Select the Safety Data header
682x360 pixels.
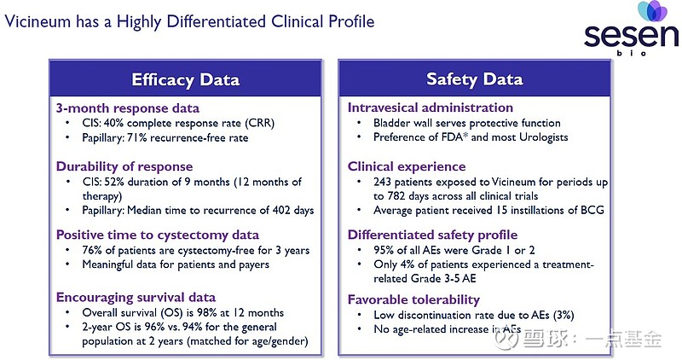click(x=474, y=80)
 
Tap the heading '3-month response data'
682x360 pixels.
click(x=128, y=108)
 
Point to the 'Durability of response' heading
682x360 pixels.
click(x=124, y=166)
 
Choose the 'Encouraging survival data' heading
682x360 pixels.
click(x=136, y=297)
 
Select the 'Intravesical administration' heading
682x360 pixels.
click(x=431, y=108)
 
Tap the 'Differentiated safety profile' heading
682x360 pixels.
click(x=432, y=235)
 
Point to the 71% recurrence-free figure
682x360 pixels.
click(x=141, y=137)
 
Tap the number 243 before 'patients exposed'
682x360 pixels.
click(x=373, y=182)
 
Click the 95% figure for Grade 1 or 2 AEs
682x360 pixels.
click(x=373, y=250)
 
